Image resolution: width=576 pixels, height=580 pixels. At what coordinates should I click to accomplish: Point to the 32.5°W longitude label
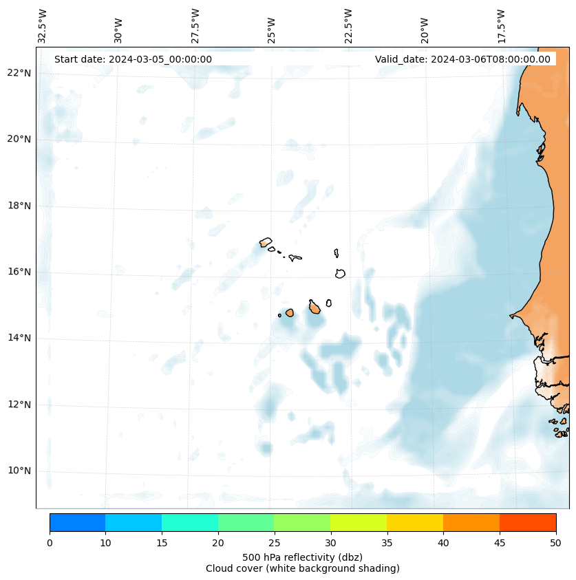(x=43, y=25)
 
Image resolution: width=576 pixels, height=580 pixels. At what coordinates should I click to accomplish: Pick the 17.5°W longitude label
(x=501, y=25)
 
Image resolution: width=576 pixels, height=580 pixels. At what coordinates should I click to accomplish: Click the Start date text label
(x=133, y=59)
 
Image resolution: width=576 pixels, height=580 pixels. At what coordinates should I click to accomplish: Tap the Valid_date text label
(x=462, y=59)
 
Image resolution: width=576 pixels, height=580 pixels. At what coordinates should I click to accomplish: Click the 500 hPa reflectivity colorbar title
(x=302, y=557)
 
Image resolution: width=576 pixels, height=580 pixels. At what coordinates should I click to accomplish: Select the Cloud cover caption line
(x=302, y=568)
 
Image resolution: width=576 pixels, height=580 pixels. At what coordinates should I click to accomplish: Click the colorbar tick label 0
(x=50, y=544)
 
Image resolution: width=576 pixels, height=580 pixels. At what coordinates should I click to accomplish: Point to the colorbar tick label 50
(x=555, y=544)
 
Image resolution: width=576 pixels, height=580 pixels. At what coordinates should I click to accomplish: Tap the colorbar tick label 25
(x=274, y=544)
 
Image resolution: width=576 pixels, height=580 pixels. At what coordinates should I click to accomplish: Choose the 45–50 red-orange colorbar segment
(x=528, y=522)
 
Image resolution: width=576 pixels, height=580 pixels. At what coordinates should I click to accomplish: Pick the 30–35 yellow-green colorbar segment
(x=359, y=522)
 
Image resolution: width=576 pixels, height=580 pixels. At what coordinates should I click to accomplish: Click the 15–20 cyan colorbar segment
(x=190, y=522)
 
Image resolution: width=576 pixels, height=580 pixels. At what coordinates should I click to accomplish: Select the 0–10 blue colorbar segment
(x=78, y=522)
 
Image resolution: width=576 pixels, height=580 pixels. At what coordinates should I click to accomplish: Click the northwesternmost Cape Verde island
(x=266, y=242)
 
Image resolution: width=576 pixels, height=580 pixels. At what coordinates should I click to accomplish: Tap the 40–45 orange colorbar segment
(x=471, y=522)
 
